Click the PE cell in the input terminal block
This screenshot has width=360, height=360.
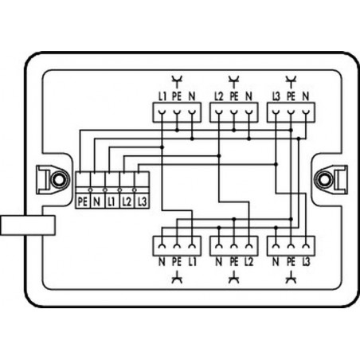pyautogui.click(x=83, y=202)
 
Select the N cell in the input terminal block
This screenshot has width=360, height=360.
pyautogui.click(x=97, y=202)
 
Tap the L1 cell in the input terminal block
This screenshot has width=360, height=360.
pyautogui.click(x=112, y=202)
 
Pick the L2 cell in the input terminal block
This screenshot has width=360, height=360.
pyautogui.click(x=127, y=202)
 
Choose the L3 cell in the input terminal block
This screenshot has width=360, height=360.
pyautogui.click(x=142, y=202)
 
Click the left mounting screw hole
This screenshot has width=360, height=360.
pyautogui.click(x=58, y=179)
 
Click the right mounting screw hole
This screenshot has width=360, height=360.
pyautogui.click(x=324, y=179)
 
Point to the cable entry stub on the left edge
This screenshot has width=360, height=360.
pyautogui.click(x=28, y=225)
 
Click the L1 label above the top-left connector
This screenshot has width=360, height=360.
pyautogui.click(x=162, y=96)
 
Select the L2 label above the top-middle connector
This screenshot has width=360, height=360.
pyautogui.click(x=219, y=96)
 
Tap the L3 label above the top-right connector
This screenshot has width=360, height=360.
pyautogui.click(x=276, y=96)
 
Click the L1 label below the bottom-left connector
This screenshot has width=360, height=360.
pyautogui.click(x=192, y=262)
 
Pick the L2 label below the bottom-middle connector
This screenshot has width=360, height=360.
pyautogui.click(x=248, y=262)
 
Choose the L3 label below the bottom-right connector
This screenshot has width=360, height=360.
pyautogui.click(x=306, y=262)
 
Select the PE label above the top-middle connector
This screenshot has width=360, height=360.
pyautogui.click(x=234, y=96)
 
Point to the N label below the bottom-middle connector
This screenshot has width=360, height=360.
pyautogui.click(x=219, y=262)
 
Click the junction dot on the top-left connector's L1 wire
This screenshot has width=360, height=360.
pyautogui.click(x=162, y=147)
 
